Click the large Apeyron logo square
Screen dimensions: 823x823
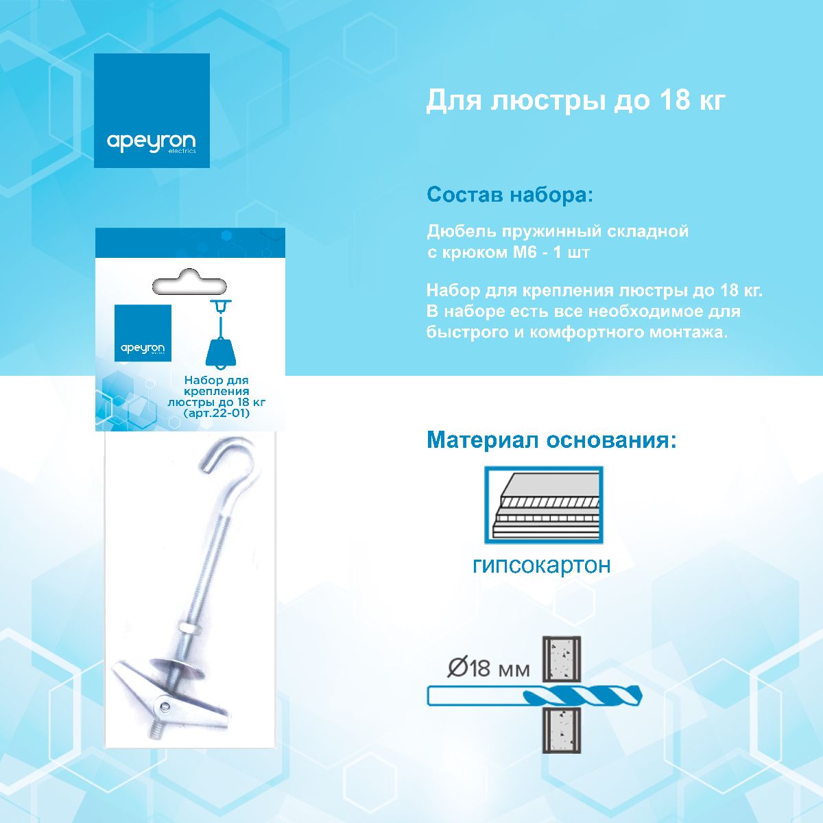(152, 110)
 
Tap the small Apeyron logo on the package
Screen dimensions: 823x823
(143, 333)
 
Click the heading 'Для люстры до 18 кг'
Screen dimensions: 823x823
(575, 101)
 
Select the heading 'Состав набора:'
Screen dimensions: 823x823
(509, 195)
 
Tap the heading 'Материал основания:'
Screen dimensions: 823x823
(551, 440)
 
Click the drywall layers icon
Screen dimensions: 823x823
(543, 505)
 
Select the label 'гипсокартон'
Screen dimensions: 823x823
(541, 565)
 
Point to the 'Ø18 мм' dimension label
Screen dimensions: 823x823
(488, 667)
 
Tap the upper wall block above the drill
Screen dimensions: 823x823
(562, 659)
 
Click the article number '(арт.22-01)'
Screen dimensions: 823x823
(217, 414)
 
